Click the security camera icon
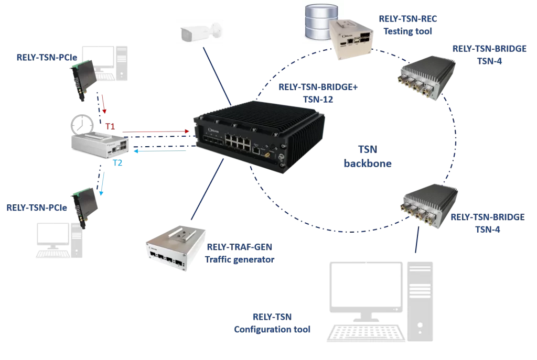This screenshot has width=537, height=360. click(x=199, y=32)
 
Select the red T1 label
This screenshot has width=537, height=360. click(x=110, y=126)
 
